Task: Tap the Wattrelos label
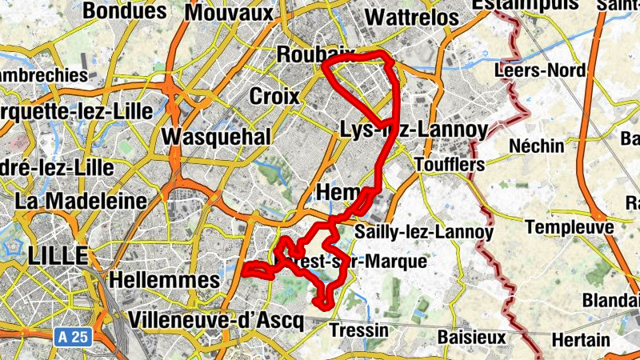(411, 18)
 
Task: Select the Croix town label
(274, 97)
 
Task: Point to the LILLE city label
(56, 256)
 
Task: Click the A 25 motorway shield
(72, 337)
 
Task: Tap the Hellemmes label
(163, 280)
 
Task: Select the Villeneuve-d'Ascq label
(216, 321)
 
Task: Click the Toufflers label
(451, 164)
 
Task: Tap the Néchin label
(537, 146)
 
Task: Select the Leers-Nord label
(540, 70)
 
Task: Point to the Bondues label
(124, 10)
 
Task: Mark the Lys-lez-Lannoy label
(414, 129)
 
